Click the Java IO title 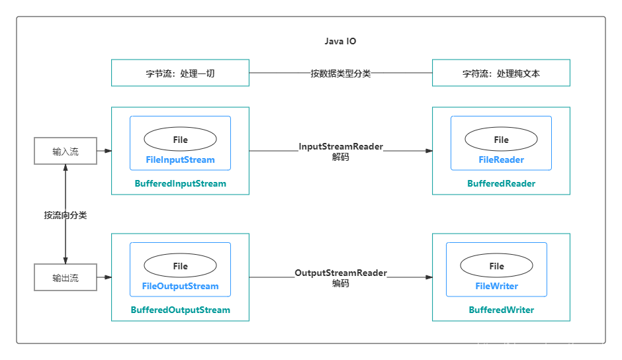(340, 41)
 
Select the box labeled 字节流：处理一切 (180, 73)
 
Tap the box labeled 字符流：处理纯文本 (501, 73)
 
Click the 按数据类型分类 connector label (340, 73)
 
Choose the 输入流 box (66, 152)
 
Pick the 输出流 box (66, 278)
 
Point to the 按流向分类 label (66, 215)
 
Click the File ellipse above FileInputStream (180, 140)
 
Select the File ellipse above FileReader (501, 140)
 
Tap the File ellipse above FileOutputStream (180, 266)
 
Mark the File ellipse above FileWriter (496, 266)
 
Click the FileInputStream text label (180, 159)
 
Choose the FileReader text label (501, 159)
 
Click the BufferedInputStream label (180, 183)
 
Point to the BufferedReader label (501, 183)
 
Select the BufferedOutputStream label (180, 310)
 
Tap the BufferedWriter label (501, 310)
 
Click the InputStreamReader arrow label (340, 146)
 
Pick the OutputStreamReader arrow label (340, 273)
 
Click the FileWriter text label (496, 286)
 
